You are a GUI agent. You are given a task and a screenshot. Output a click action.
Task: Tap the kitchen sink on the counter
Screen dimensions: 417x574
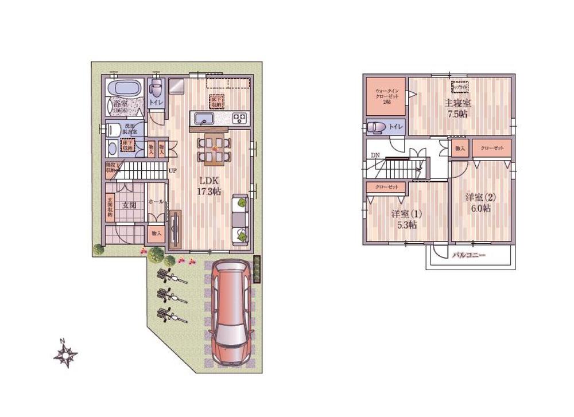tap(204, 119)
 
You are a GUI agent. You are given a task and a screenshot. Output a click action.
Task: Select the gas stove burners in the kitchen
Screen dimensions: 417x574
tap(239, 119)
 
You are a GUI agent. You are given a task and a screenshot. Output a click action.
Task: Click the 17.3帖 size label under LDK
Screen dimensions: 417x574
tap(208, 192)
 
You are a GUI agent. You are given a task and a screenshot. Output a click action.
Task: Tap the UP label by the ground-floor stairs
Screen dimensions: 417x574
tap(172, 171)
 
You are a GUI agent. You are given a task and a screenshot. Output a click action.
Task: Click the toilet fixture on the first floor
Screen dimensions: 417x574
tap(156, 90)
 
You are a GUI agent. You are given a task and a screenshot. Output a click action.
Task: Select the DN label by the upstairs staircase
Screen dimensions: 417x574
tap(374, 155)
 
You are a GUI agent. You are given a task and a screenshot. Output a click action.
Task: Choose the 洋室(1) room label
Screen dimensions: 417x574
tap(407, 213)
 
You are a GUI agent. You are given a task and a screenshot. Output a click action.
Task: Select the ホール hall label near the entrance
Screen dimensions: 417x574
tap(155, 202)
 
